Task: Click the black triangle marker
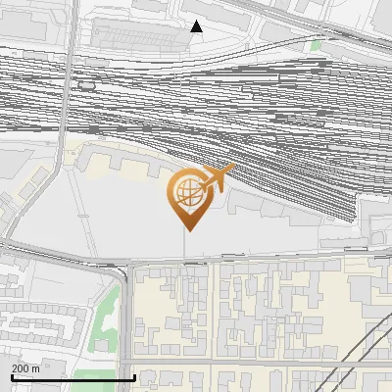click(x=197, y=26)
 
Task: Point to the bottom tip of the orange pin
click(x=188, y=229)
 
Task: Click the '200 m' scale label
click(x=25, y=368)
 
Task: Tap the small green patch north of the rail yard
click(x=315, y=45)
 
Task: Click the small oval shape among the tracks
click(x=86, y=85)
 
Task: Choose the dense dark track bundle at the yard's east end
click(x=333, y=196)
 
